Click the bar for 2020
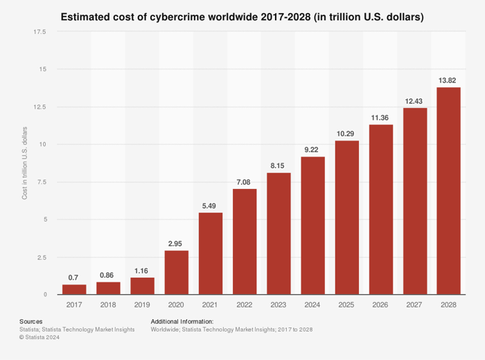177,273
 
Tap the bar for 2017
74,289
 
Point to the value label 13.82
448,80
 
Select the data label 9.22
312,150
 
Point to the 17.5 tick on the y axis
39,32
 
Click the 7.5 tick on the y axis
42,182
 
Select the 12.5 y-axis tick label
39,107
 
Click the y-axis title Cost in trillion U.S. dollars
25,163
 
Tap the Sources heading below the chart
30,321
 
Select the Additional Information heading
182,321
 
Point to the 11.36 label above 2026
380,118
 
